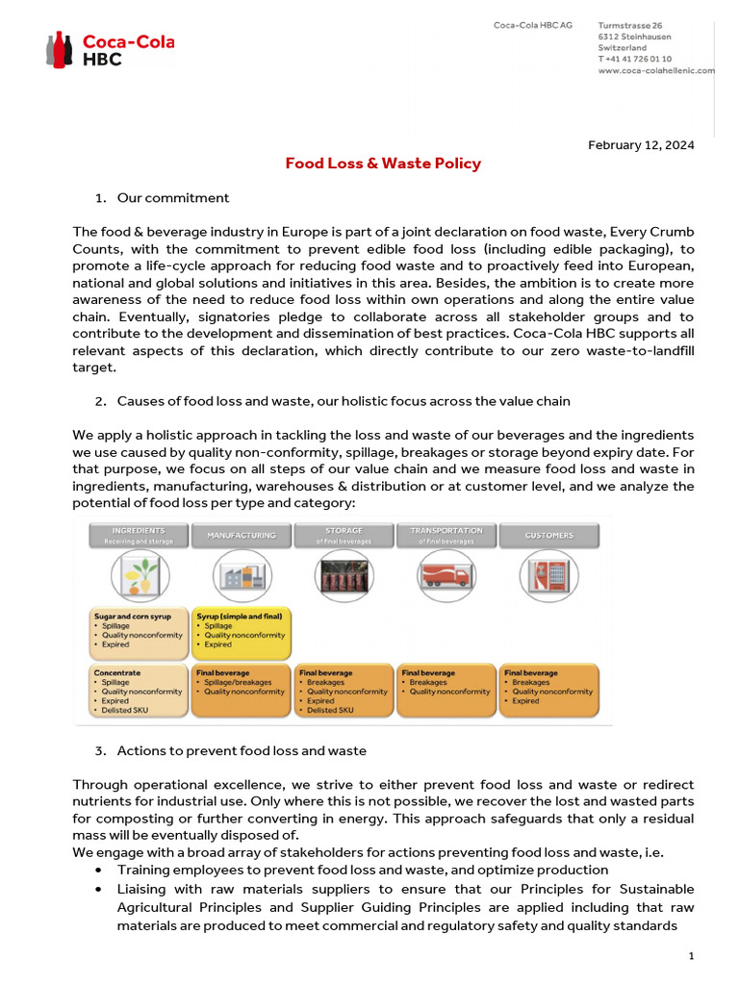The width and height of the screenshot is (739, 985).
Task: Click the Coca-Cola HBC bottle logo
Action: point(59,49)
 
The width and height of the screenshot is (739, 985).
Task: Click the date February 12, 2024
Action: point(641,145)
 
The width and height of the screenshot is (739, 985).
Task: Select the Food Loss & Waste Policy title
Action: point(383,164)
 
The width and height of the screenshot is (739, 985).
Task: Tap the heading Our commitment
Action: point(173,198)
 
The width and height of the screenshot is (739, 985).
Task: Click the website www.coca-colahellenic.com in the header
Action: point(656,70)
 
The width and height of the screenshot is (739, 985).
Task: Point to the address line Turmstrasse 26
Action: point(630,25)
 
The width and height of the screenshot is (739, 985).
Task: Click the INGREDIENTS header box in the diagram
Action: point(138,535)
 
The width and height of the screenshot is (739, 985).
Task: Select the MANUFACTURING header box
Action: point(242,535)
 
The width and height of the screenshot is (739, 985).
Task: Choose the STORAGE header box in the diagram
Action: point(344,535)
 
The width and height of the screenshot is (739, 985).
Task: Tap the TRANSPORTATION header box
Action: point(446,535)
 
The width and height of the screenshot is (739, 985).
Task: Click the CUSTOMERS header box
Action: point(549,535)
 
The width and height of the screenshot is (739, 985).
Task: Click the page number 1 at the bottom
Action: point(691,955)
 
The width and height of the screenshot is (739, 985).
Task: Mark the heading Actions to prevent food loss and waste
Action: point(242,750)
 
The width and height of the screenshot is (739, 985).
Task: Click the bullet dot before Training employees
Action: point(100,870)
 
